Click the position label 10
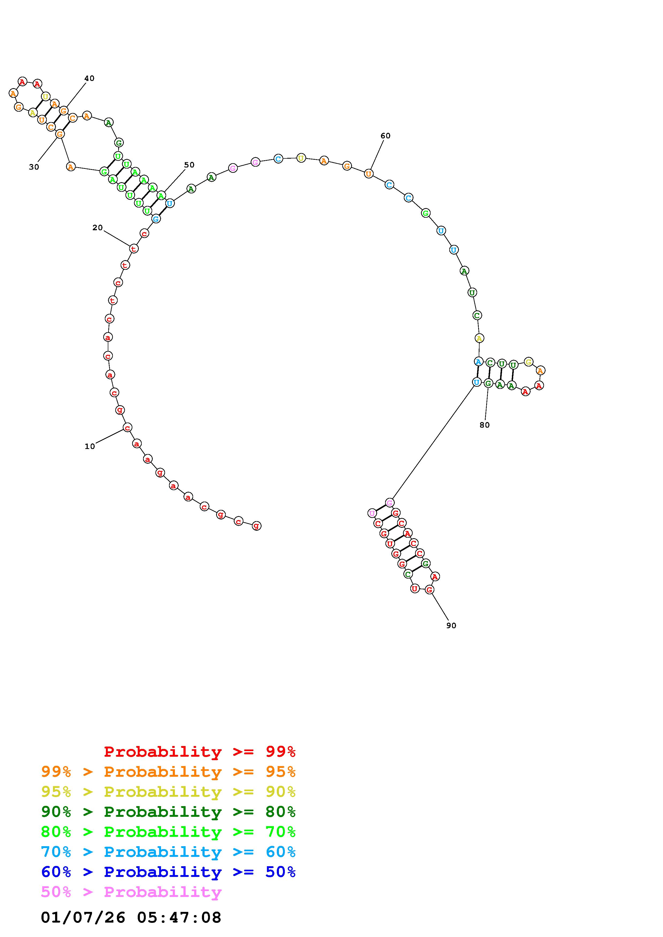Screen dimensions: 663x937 [90, 446]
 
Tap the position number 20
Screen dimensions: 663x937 [97, 228]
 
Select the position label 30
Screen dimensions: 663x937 [34, 167]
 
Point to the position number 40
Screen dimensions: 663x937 [89, 78]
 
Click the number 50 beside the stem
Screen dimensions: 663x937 [189, 165]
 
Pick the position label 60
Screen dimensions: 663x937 [385, 136]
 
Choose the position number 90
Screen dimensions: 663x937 [451, 626]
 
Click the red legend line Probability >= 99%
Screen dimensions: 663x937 [200, 751]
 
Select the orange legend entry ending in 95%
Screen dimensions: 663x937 [168, 772]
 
